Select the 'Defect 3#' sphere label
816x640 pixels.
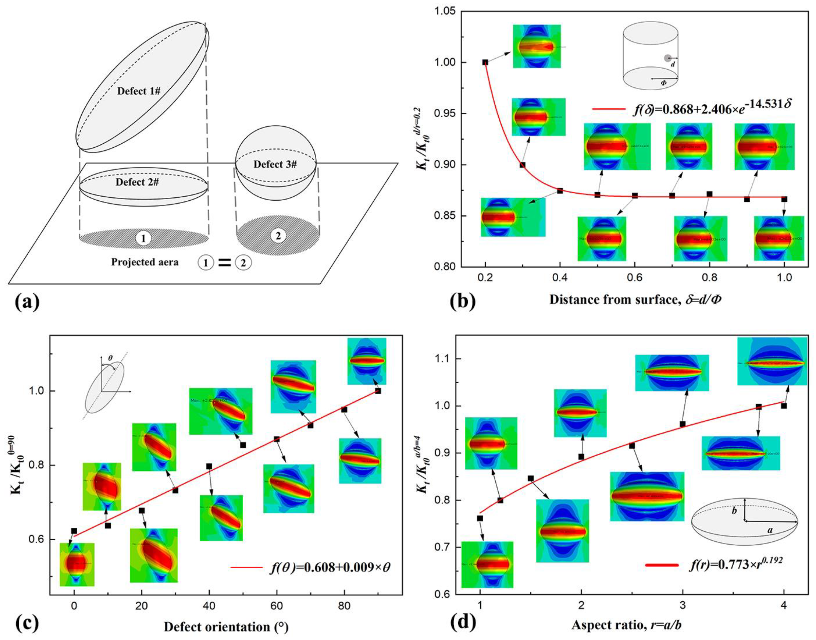pos(275,165)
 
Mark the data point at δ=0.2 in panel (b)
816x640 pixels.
pos(485,62)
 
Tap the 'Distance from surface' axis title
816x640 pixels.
pos(635,300)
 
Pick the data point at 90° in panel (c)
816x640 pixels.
pos(378,391)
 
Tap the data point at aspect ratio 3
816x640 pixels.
pos(683,424)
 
